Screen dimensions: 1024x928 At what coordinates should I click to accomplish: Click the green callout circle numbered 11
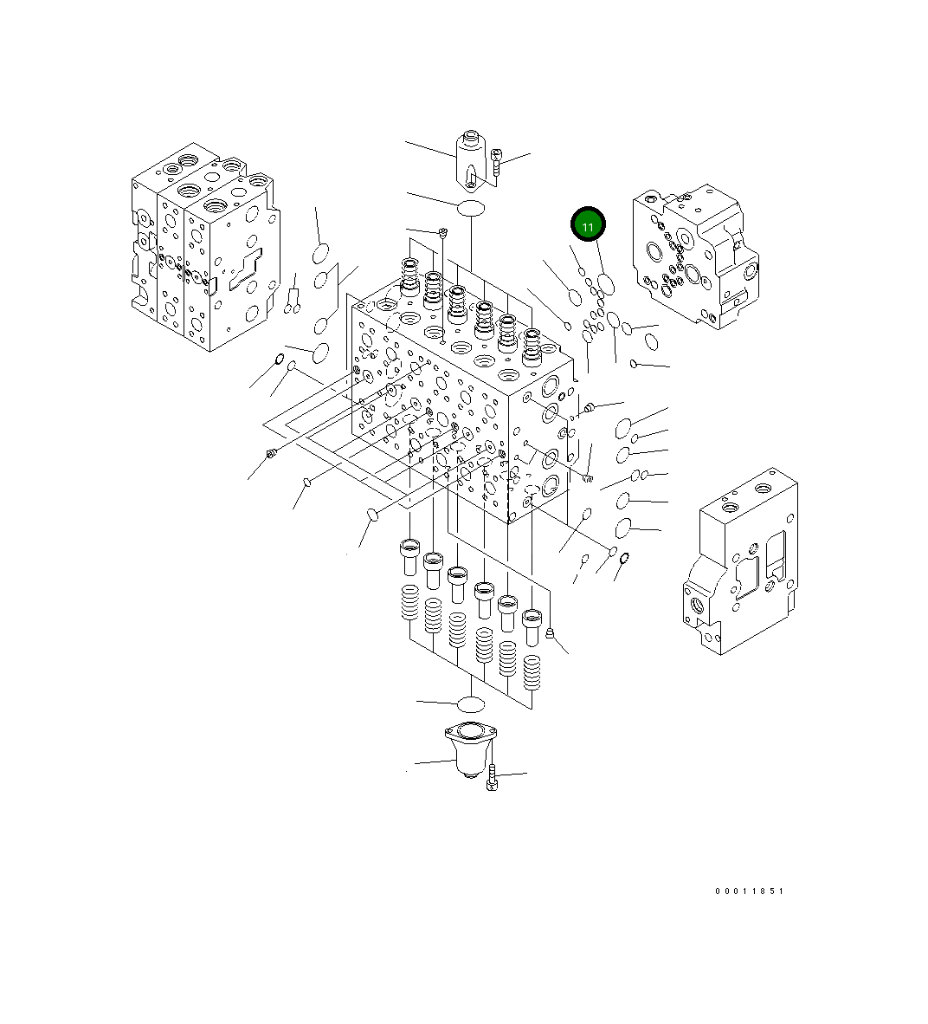[588, 226]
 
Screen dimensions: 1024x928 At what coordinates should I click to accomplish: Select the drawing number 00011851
[749, 891]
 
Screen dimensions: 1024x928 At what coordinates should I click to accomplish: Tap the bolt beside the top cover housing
[496, 165]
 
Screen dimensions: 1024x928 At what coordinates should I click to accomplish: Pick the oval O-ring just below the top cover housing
[471, 208]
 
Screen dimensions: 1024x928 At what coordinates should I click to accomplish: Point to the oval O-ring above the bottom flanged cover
[470, 703]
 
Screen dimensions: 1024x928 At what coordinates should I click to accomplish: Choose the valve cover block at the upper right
[694, 256]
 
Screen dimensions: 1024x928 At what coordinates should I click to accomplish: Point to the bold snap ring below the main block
[622, 559]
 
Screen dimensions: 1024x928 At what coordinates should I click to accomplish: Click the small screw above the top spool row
[442, 231]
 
